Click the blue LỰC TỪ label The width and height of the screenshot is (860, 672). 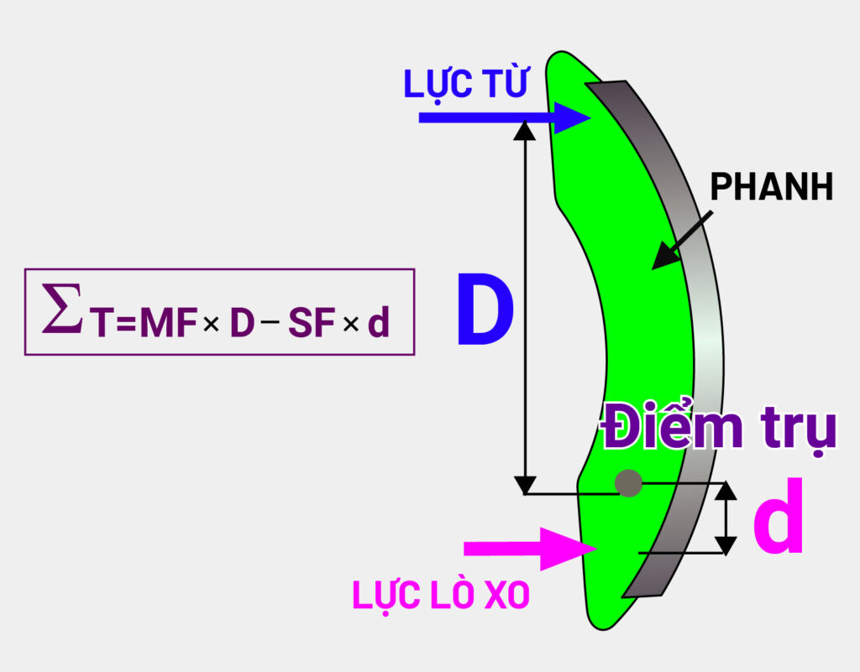pos(465,85)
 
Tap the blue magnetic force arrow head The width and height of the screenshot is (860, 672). pos(575,118)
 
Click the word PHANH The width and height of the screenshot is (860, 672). pos(771,187)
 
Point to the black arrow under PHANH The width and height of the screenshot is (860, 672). pos(680,242)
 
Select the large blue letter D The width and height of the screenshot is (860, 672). pos(485,311)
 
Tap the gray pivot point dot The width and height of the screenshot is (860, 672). pos(628,483)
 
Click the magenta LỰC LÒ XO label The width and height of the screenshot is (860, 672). pos(441,595)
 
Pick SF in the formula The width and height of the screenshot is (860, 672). pos(312,323)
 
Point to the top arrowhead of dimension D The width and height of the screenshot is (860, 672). pos(525,129)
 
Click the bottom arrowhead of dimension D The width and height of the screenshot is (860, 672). pos(525,484)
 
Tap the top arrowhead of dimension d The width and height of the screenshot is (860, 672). pos(726,491)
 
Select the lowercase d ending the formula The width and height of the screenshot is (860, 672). pos(380,323)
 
